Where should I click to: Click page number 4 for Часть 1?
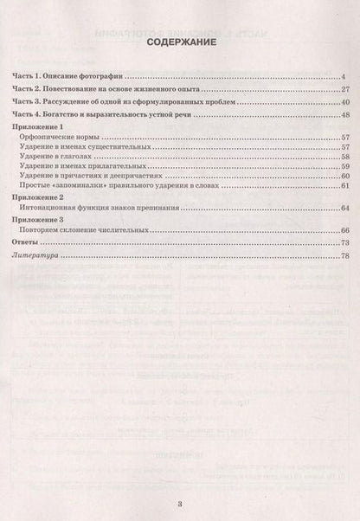pos(344,77)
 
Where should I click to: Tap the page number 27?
pos(343,89)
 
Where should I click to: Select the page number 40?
pos(343,102)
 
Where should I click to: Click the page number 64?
pos(343,209)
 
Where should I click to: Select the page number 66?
pos(343,232)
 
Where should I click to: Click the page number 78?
pos(343,258)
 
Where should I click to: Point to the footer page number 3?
pos(180,504)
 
